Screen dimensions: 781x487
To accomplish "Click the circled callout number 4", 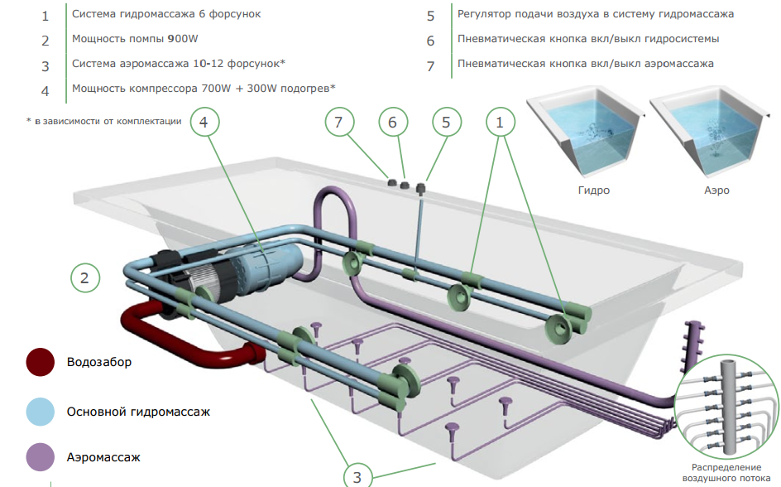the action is tap(204, 122).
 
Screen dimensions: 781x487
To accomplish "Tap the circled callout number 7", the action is tap(339, 122).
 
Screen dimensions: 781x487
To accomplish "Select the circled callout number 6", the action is tap(393, 122).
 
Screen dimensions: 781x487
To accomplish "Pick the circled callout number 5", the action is tap(446, 122).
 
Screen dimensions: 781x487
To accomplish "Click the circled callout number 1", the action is tap(500, 122).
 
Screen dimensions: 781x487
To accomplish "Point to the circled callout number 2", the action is tap(85, 277).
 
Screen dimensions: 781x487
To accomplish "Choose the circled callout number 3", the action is tap(357, 476).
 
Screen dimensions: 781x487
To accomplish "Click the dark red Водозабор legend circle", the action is tap(41, 362).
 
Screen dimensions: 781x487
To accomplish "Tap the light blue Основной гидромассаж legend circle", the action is tap(41, 412).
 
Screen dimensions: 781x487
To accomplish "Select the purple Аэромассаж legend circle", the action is tap(41, 457).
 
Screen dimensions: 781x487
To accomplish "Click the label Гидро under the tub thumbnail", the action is tap(594, 190).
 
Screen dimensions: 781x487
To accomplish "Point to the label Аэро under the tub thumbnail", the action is tap(716, 190).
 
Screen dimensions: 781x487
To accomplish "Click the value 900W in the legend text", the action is tap(183, 39).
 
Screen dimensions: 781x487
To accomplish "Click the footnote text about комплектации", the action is tap(104, 121).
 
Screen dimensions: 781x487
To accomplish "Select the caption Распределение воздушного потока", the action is tap(726, 473).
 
